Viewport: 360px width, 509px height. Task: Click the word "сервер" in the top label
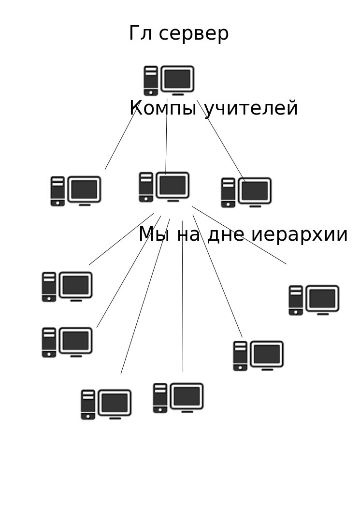point(193,34)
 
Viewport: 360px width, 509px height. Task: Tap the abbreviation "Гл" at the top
point(140,34)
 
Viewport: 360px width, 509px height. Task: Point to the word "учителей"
point(251,108)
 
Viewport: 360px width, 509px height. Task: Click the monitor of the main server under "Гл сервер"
point(177,79)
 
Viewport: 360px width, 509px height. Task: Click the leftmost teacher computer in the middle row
point(76,191)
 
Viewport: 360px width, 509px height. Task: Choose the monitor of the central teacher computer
point(173,186)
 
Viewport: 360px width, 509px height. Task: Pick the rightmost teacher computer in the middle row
point(246,192)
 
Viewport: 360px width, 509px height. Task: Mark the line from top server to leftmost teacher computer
point(121,138)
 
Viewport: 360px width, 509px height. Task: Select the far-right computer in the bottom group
point(314,300)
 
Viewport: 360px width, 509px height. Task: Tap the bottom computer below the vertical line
point(178,398)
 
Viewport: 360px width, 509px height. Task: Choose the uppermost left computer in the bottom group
point(67,287)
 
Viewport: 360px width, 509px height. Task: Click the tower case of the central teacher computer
point(146,187)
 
